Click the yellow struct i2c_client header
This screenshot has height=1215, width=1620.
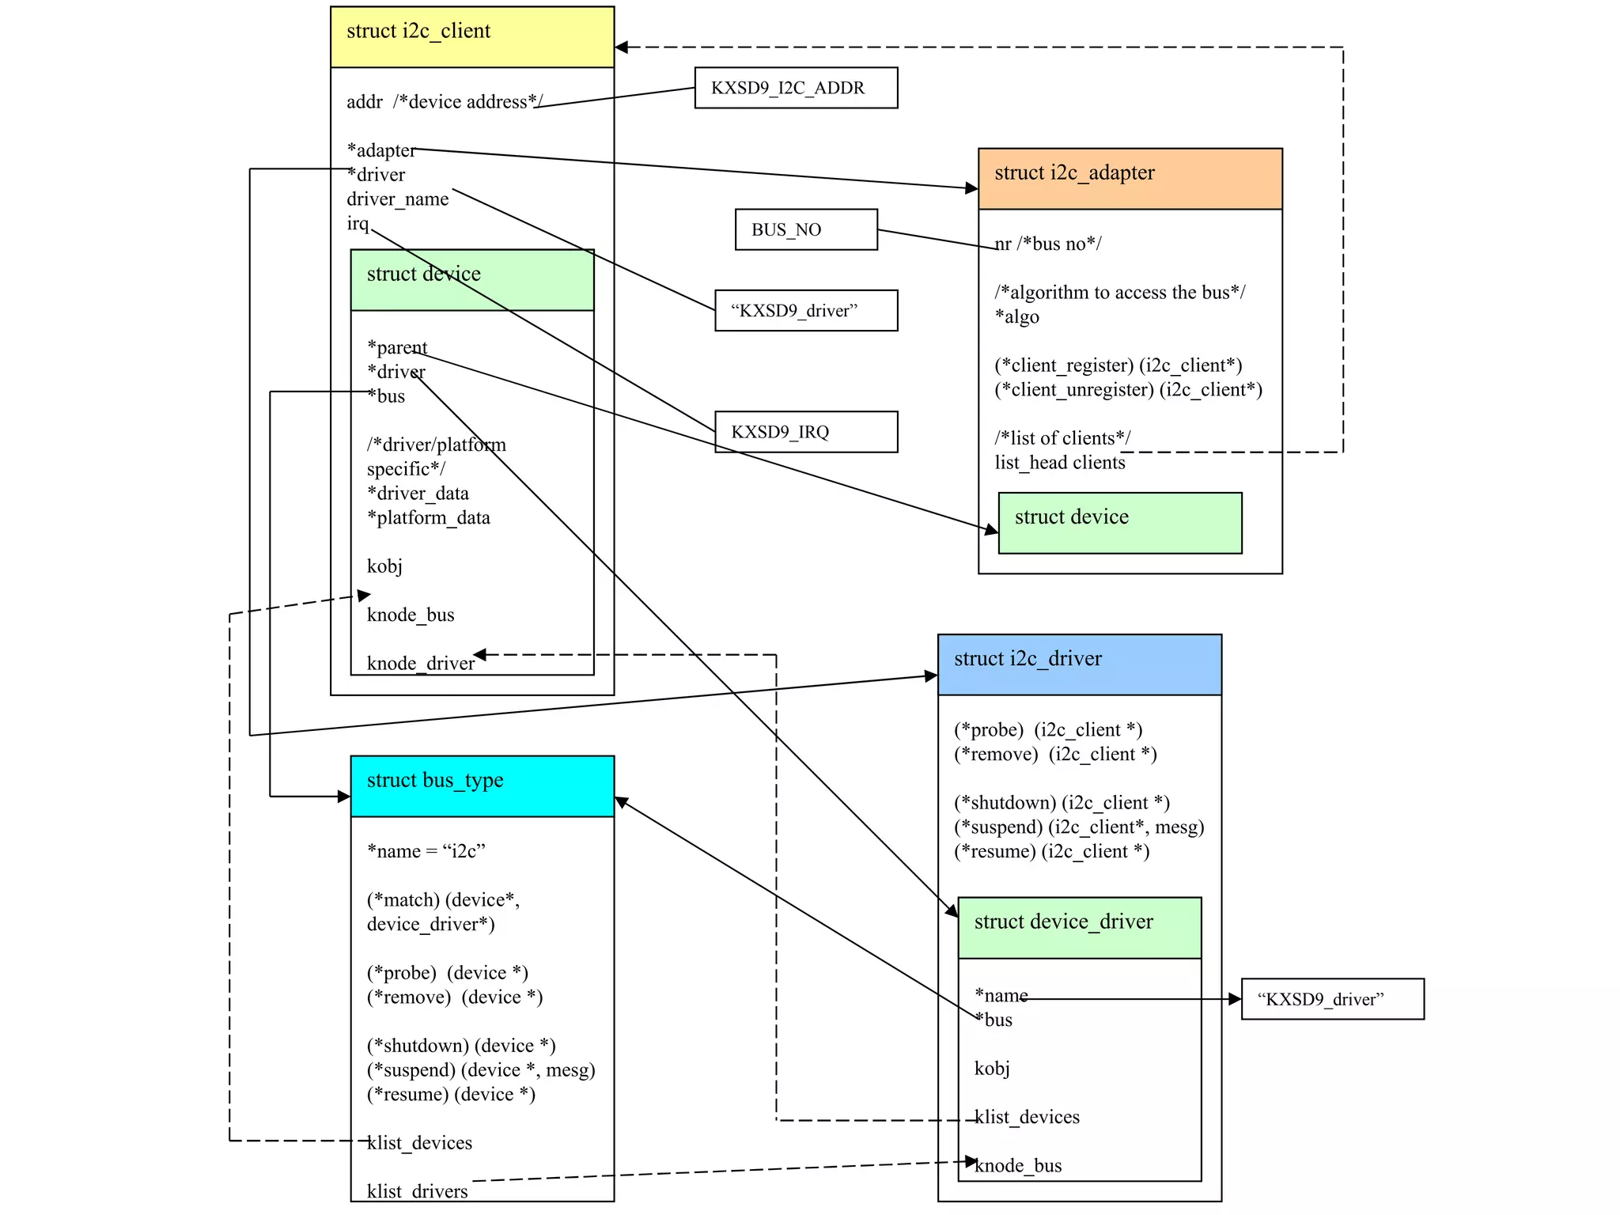click(471, 36)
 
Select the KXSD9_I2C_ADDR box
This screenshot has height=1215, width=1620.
click(795, 88)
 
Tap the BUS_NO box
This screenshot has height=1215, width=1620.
click(805, 229)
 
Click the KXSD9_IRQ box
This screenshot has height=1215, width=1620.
click(805, 432)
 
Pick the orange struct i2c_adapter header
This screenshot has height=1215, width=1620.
click(1130, 179)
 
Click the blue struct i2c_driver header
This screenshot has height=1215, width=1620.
click(1079, 664)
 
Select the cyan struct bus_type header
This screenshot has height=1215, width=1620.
click(482, 786)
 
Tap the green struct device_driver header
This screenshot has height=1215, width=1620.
click(1079, 927)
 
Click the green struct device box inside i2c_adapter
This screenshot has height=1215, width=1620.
click(1119, 523)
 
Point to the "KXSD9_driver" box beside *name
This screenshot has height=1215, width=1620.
click(1332, 999)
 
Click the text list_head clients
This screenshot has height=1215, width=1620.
click(1059, 463)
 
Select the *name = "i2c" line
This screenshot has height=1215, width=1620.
click(426, 851)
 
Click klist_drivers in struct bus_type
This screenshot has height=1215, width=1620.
click(417, 1190)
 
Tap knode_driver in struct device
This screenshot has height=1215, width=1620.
click(420, 663)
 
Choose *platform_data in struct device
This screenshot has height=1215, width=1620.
click(428, 517)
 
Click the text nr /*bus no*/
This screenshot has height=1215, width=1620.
click(1047, 244)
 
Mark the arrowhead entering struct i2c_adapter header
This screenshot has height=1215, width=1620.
click(972, 188)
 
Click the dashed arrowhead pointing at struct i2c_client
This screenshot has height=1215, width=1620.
click(622, 47)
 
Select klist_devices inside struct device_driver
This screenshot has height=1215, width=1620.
click(1027, 1117)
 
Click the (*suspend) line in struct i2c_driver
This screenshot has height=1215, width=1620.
click(1078, 827)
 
